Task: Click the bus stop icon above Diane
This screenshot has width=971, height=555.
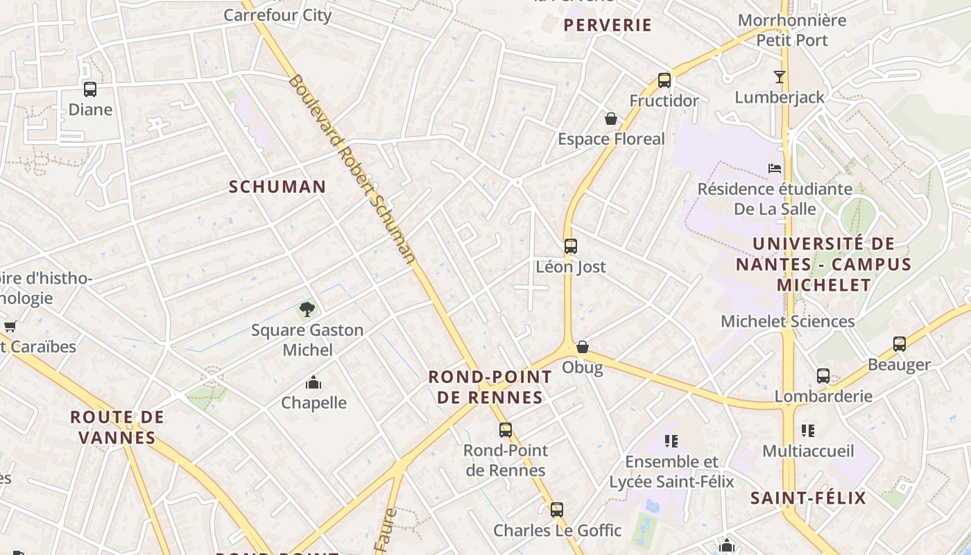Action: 90,89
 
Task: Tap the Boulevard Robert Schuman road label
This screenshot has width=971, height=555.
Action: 352,170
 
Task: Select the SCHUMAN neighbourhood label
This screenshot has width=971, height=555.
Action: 277,187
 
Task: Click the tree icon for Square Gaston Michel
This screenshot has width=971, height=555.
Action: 307,309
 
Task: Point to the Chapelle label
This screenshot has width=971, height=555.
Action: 313,402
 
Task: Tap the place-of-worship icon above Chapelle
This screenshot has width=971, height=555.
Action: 313,382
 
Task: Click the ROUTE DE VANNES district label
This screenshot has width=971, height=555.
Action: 117,427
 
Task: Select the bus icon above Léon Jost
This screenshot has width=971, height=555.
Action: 571,246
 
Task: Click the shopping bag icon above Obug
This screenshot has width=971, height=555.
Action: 583,346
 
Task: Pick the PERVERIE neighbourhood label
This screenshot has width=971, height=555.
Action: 608,26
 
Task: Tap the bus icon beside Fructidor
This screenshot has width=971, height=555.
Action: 664,80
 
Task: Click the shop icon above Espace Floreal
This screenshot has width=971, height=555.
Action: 611,119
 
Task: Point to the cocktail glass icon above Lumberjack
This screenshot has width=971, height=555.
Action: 780,76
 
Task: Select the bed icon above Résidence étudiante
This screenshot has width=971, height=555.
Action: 775,168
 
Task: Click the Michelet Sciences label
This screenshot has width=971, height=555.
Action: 788,321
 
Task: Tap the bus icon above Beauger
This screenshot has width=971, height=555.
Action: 900,343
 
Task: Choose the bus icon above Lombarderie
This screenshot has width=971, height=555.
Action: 823,376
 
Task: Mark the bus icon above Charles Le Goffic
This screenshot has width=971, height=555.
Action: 557,510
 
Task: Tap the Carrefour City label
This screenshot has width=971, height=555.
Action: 277,15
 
